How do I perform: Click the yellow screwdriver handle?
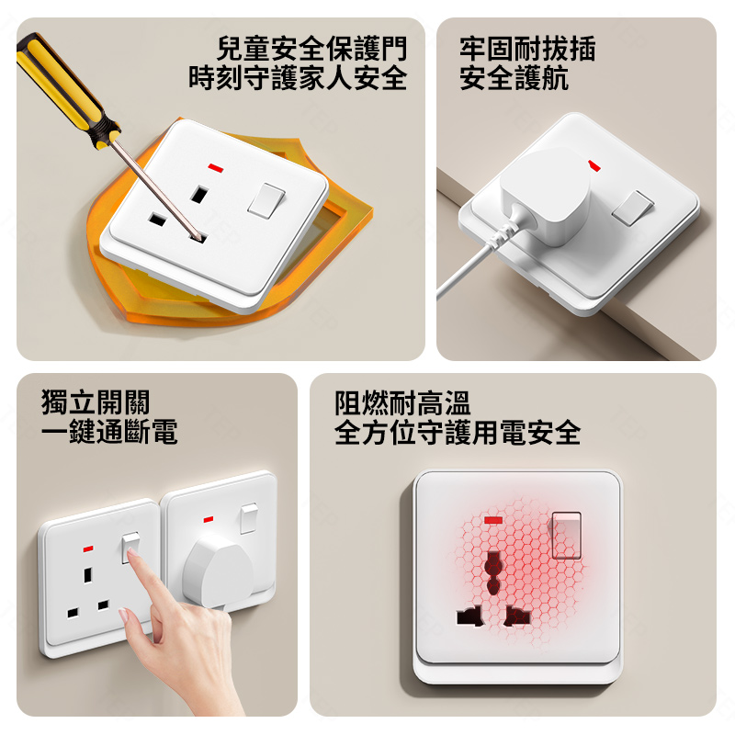pyautogui.click(x=64, y=89)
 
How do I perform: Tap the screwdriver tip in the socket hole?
pyautogui.click(x=201, y=238)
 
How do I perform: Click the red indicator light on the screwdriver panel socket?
pyautogui.click(x=216, y=167)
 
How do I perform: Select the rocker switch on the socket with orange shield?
pyautogui.click(x=266, y=200)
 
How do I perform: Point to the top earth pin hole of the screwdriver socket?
pyautogui.click(x=199, y=194)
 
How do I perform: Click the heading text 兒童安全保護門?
pyautogui.click(x=311, y=49)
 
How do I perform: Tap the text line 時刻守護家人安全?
pyautogui.click(x=298, y=78)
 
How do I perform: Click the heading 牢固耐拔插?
pyautogui.click(x=527, y=49)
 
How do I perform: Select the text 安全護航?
pyautogui.click(x=514, y=78)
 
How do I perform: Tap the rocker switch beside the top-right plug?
pyautogui.click(x=633, y=209)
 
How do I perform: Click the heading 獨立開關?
pyautogui.click(x=96, y=402)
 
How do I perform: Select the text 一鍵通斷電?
pyautogui.click(x=109, y=432)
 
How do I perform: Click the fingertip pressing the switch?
pyautogui.click(x=132, y=555)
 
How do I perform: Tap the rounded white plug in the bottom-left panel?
pyautogui.click(x=218, y=571)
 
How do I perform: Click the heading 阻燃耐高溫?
pyautogui.click(x=402, y=403)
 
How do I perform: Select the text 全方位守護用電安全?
pyautogui.click(x=458, y=432)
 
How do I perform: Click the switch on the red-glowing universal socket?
pyautogui.click(x=567, y=536)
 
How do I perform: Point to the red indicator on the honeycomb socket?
pyautogui.click(x=492, y=520)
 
